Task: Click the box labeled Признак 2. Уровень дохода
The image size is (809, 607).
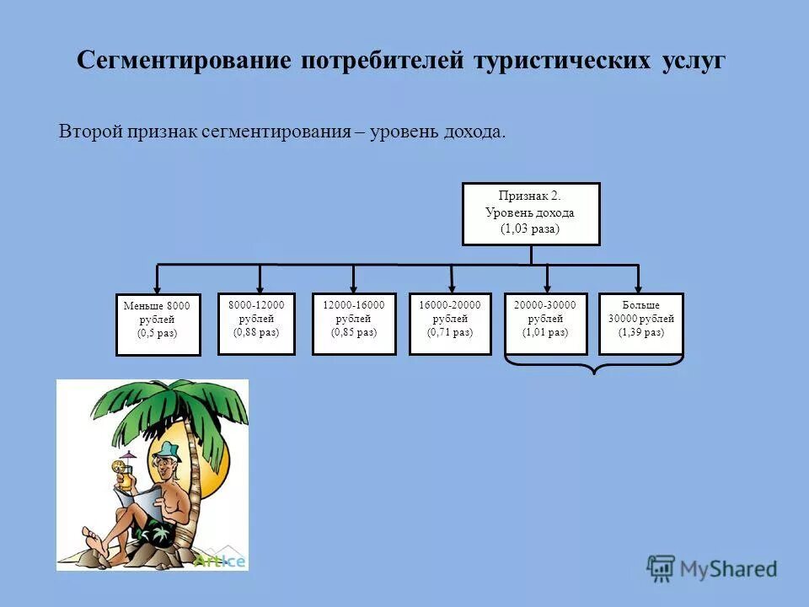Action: [531, 213]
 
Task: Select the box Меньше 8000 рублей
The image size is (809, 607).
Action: [158, 325]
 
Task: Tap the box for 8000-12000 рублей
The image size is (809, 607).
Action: [256, 323]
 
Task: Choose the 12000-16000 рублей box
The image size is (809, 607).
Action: [354, 324]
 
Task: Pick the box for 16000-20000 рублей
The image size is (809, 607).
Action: [450, 324]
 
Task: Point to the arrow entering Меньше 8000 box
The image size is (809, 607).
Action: [158, 282]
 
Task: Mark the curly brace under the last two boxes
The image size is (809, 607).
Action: [594, 364]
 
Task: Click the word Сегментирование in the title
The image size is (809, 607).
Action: [184, 62]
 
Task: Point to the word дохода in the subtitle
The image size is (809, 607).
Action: [476, 132]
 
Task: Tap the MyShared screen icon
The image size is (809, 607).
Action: [661, 568]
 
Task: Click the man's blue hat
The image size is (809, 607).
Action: [169, 452]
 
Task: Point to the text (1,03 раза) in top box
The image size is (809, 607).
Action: [530, 228]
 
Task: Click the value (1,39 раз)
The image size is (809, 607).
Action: [640, 332]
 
